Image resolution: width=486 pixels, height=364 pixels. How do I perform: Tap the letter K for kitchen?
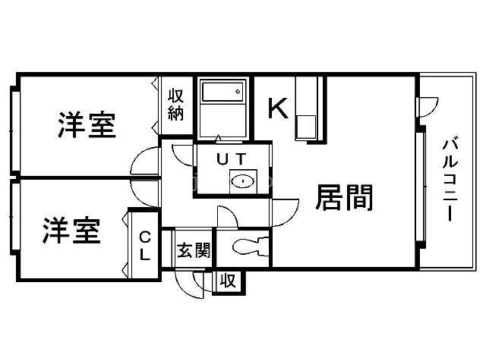point(278,109)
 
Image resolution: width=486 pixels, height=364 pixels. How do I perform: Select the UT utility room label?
point(231,159)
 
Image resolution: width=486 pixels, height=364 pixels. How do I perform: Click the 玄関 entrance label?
point(193,249)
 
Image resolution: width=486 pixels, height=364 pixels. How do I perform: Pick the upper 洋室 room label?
point(87,125)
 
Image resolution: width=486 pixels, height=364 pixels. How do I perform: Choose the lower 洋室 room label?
point(71,231)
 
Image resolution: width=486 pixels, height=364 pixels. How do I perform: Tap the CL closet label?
point(144,246)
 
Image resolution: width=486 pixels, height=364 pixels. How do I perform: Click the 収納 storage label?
point(176,105)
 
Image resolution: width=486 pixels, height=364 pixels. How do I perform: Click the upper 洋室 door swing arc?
point(144,161)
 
